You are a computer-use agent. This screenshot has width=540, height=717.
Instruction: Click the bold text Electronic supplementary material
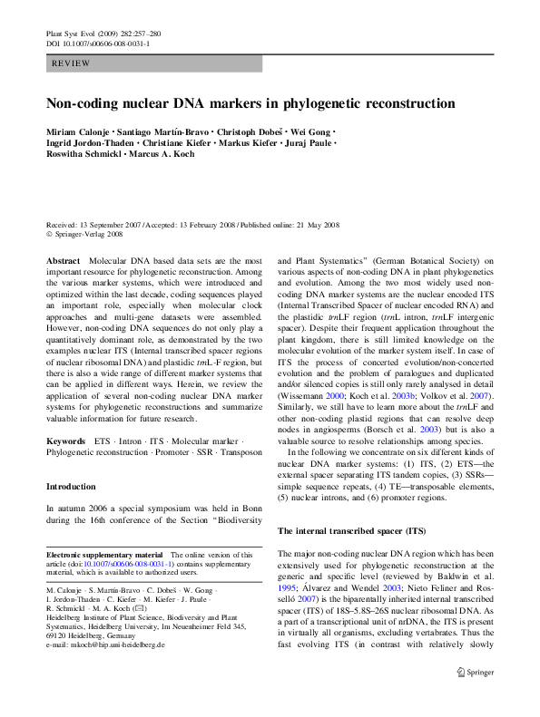[x=104, y=555]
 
